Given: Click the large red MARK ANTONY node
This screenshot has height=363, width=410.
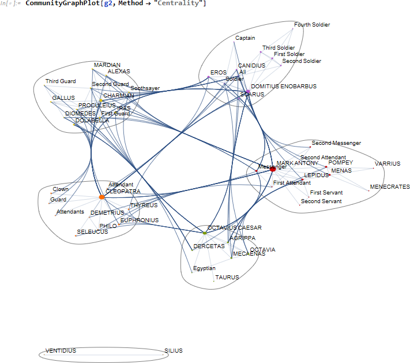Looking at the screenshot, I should tap(273, 169).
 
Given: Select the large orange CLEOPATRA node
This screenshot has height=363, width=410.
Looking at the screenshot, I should tap(102, 197).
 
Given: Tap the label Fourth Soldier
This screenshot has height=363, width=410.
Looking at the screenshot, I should tap(311, 25).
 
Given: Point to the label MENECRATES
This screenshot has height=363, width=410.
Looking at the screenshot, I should tap(390, 187).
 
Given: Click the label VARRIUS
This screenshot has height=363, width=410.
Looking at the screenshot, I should tap(387, 164).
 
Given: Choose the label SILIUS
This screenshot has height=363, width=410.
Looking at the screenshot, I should tap(173, 350).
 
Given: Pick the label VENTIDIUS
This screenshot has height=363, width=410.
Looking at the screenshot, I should tap(61, 350).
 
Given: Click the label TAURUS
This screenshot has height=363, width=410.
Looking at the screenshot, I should tap(227, 278).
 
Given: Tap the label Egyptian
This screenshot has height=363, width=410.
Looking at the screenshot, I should tap(204, 268).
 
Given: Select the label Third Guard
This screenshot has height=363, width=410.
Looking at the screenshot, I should tap(61, 81).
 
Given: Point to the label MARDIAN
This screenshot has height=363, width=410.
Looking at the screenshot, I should tap(107, 65).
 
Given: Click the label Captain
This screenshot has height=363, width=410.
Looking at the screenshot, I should tap(245, 38).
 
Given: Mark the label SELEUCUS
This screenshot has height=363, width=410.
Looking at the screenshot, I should tap(92, 232).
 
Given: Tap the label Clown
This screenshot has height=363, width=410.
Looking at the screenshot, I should tap(61, 189).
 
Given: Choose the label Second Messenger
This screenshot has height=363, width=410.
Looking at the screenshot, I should tap(336, 143).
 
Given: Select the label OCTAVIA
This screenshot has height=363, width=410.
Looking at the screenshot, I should tap(262, 250).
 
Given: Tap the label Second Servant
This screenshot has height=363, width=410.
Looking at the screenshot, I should tap(321, 201).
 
